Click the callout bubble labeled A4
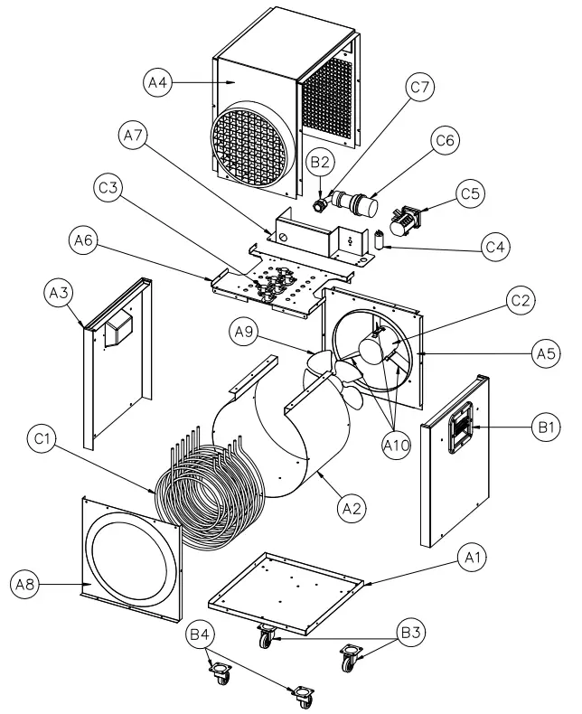159,82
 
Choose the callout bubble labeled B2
321,163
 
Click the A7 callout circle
132,136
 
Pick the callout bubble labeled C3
108,190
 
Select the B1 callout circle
546,427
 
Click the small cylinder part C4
380,240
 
